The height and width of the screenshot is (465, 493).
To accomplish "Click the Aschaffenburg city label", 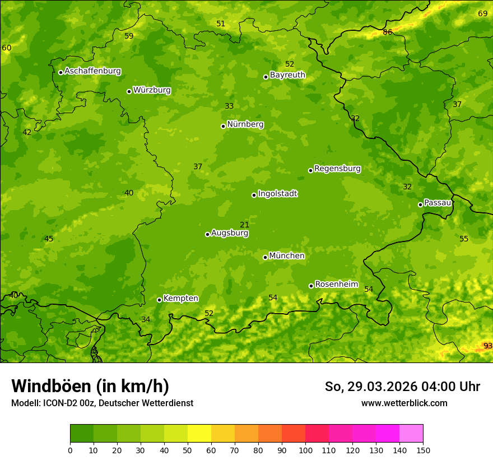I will coord(92,71).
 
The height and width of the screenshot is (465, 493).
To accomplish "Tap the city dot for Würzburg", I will coord(129,91).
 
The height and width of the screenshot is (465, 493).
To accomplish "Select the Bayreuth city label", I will coord(287,75).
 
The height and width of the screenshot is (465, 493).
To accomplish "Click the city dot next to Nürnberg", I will coord(223,126).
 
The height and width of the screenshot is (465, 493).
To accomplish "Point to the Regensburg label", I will coord(337,169).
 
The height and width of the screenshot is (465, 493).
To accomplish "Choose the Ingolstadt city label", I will coord(277,194).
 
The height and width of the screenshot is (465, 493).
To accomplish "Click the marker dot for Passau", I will coord(420,204).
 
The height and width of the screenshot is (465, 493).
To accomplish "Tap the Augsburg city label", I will coord(230,233).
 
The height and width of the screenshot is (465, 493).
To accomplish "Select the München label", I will coord(287,256).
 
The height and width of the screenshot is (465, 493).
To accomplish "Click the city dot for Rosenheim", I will coord(311,286).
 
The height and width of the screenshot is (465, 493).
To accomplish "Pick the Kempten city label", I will coord(180,299).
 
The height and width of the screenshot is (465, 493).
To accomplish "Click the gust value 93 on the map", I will coord(488,346).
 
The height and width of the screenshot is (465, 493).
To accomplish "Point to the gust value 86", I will coord(387,32).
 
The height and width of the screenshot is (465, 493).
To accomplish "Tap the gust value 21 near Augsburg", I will coord(244,225).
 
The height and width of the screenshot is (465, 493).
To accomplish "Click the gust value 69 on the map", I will coord(482,13).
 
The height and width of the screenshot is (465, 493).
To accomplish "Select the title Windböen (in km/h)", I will coord(90,386).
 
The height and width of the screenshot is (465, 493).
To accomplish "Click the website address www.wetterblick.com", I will coord(404,403).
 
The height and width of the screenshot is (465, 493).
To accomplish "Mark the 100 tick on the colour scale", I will coord(305,450).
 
